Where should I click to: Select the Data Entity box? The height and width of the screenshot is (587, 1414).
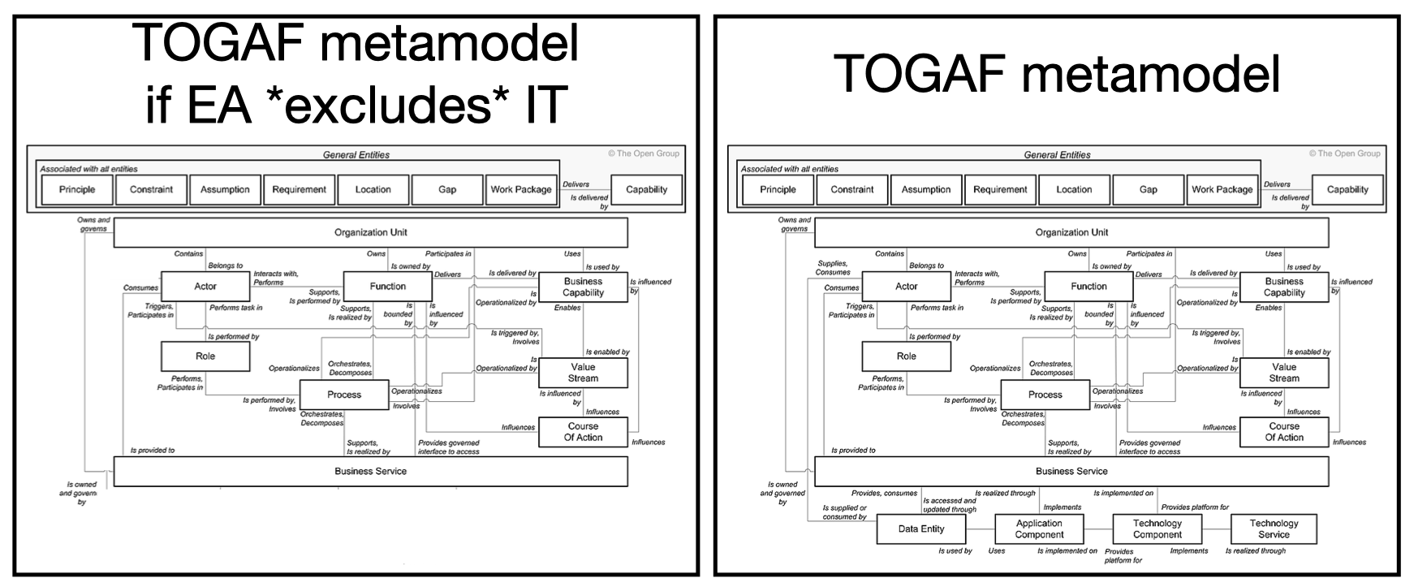click(x=921, y=529)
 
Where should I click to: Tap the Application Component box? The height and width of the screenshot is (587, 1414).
click(x=1039, y=529)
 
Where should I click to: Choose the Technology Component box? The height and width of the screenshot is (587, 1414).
click(x=1157, y=529)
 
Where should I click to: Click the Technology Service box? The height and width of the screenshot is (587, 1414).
click(x=1274, y=529)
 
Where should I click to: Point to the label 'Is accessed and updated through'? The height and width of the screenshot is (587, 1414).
click(x=949, y=505)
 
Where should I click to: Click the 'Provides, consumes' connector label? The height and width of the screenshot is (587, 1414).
click(x=884, y=493)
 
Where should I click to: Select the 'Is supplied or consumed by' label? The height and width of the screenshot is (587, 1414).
click(x=844, y=512)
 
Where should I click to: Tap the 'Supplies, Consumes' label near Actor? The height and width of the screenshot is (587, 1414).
click(x=833, y=268)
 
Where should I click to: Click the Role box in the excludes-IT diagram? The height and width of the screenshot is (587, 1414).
click(x=205, y=356)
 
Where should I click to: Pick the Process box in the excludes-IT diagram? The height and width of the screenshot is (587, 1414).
click(x=344, y=395)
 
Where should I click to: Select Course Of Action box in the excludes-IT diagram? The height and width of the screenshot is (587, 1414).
click(x=583, y=432)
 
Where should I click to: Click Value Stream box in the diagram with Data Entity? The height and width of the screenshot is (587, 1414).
click(x=1284, y=373)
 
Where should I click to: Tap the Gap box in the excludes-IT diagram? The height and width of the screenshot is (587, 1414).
click(x=447, y=190)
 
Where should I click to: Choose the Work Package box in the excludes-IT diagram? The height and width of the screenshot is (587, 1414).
click(x=521, y=190)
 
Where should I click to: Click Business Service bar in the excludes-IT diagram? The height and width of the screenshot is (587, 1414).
click(x=370, y=472)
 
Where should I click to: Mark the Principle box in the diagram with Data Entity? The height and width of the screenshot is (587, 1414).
click(x=778, y=190)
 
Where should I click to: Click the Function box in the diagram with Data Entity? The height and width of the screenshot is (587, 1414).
click(x=1089, y=287)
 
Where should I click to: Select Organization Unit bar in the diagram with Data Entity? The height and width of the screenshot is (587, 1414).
click(x=1071, y=233)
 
